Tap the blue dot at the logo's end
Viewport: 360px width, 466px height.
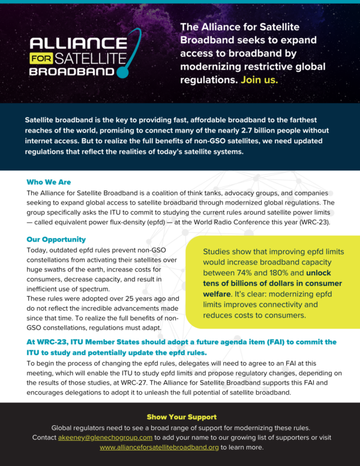(x=122, y=74)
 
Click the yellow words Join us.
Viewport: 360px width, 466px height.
(x=259, y=79)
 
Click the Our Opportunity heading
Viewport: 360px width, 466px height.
(x=56, y=240)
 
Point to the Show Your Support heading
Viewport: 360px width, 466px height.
(x=182, y=417)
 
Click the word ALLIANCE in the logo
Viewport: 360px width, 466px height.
(x=73, y=44)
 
